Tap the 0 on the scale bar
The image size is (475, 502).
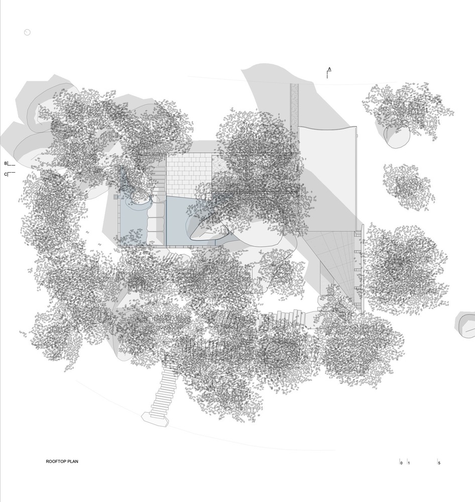point(401,463)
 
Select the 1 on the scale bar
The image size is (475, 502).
point(409,463)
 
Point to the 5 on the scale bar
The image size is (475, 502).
point(439,463)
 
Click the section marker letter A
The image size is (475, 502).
point(329,68)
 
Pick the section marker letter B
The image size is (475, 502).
point(6,163)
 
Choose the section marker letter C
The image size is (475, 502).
point(6,174)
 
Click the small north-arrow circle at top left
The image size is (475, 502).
point(27,32)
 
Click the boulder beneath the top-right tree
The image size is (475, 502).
point(397,137)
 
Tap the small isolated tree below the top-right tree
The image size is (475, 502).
point(408,186)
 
